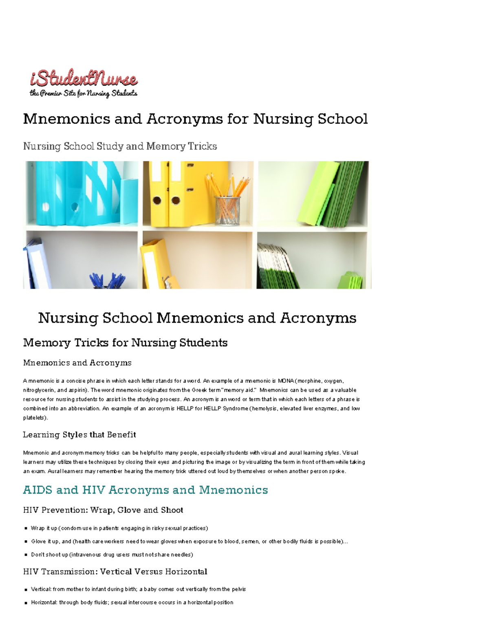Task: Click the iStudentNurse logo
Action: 84,78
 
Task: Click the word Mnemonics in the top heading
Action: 66,119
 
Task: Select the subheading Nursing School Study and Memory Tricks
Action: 120,146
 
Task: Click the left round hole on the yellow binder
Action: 157,201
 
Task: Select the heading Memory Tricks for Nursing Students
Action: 125,342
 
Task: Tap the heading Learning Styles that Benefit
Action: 79,434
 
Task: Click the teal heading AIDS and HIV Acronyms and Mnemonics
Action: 145,490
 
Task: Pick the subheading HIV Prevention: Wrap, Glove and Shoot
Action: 103,510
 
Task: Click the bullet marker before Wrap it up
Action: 26,528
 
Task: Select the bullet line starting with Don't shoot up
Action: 112,554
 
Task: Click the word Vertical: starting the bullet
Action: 41,589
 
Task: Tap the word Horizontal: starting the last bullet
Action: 44,602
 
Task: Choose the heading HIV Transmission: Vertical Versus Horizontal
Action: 115,571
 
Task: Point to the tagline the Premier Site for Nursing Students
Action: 84,93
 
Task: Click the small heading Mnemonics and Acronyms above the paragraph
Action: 77,363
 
